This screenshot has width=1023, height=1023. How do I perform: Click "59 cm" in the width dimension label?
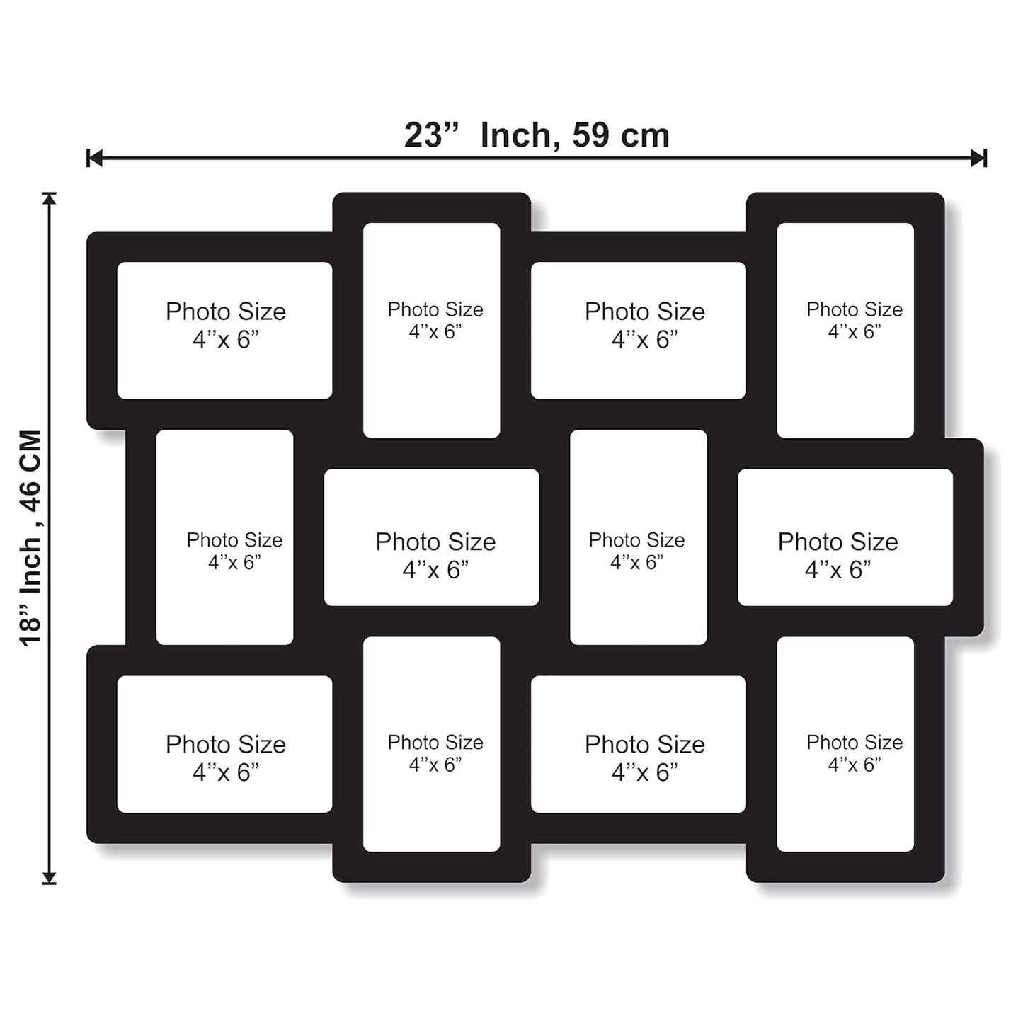[x=620, y=135]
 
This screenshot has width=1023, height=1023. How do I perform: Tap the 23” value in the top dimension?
[x=430, y=135]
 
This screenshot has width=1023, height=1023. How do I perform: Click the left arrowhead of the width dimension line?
[x=94, y=158]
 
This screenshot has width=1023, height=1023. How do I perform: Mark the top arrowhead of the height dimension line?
[x=50, y=198]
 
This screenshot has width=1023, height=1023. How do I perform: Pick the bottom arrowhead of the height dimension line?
[x=50, y=878]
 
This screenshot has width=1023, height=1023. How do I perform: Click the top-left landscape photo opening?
[x=224, y=330]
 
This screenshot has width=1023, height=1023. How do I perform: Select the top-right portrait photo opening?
[x=845, y=330]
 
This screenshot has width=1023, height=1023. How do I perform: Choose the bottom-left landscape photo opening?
[x=224, y=744]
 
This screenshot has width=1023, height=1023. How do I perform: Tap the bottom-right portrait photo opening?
[x=845, y=744]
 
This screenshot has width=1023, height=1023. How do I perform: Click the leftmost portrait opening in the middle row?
[x=224, y=537]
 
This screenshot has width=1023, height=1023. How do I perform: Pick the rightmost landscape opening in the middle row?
[x=845, y=537]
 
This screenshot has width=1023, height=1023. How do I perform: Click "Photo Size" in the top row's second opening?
[x=435, y=309]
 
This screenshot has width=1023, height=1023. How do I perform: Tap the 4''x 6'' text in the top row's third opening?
[x=644, y=340]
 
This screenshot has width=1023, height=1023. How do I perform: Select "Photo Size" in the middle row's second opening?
[x=435, y=542]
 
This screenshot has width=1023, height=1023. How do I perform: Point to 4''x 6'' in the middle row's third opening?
[x=636, y=562]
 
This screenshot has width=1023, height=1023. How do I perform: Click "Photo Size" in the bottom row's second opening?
[x=435, y=742]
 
